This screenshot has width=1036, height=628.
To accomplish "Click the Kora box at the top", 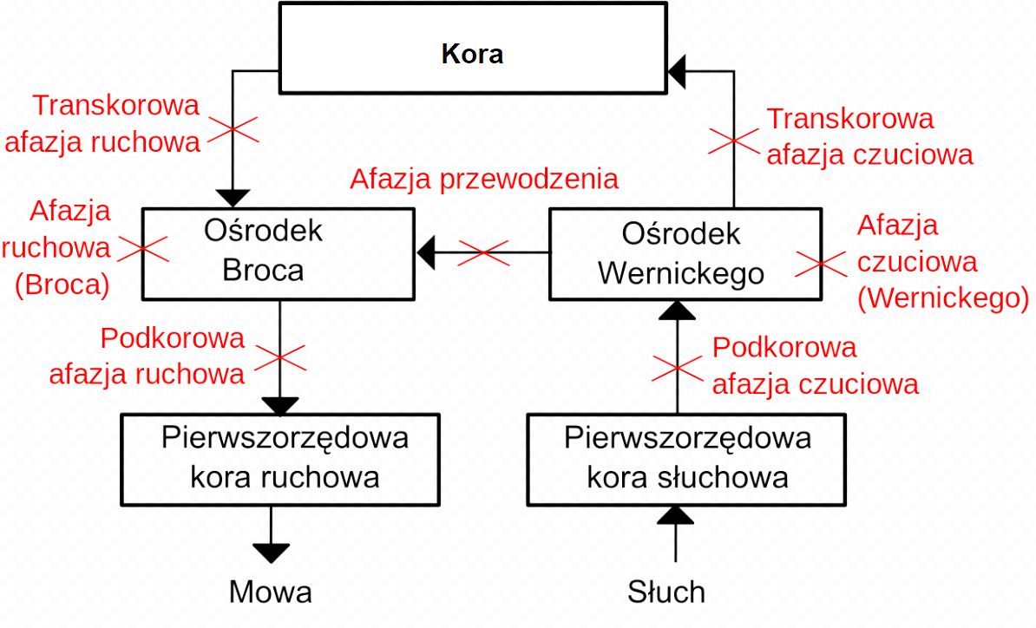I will click(472, 55).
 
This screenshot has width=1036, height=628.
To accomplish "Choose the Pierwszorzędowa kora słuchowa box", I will click(687, 458).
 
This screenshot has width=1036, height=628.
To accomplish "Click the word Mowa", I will click(270, 592).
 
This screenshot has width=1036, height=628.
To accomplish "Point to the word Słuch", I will click(666, 592).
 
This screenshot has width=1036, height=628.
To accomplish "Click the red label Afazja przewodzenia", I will click(484, 179).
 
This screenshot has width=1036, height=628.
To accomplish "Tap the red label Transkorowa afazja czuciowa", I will click(868, 136).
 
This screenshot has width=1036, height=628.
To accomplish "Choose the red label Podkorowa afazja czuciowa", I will click(815, 365).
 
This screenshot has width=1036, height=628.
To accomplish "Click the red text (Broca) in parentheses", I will click(62, 286).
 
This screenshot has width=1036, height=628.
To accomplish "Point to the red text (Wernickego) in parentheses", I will click(942, 298).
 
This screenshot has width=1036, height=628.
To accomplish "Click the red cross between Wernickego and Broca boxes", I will click(484, 253).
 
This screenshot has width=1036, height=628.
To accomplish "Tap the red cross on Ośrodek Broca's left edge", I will click(142, 248).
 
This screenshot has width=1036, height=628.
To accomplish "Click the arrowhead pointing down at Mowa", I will click(272, 553).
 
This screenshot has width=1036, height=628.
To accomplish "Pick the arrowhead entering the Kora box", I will click(677, 67).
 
